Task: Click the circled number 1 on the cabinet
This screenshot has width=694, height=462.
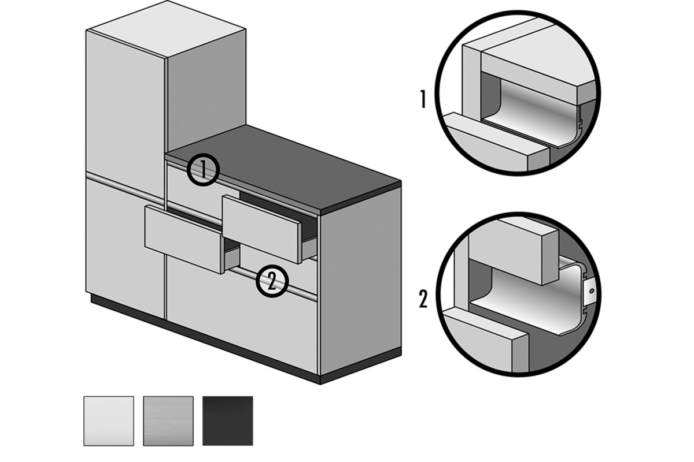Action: (203, 170)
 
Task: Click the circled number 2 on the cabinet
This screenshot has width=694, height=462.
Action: (272, 281)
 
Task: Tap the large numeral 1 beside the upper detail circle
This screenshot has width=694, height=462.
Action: (423, 99)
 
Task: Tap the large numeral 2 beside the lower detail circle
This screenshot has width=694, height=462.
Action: (423, 299)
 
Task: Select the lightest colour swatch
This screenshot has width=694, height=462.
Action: (109, 421)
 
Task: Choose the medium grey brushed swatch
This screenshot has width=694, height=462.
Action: (168, 421)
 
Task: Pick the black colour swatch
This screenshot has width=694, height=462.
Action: (228, 421)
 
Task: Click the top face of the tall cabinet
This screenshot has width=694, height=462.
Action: (167, 29)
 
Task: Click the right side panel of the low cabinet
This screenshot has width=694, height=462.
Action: (361, 280)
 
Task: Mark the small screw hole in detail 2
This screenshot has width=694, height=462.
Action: (592, 291)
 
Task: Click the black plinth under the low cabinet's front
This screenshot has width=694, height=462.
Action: (205, 339)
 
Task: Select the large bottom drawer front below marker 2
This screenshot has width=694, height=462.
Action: (242, 316)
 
